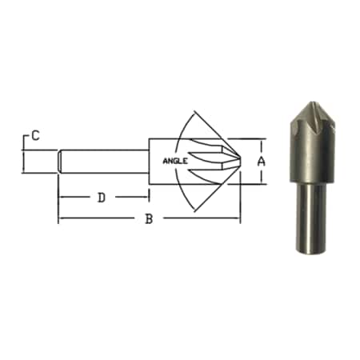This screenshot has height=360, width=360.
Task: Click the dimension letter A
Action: pyautogui.click(x=262, y=162)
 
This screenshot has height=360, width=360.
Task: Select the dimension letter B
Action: pyautogui.click(x=149, y=219)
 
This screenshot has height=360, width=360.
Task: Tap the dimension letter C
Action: pyautogui.click(x=35, y=135)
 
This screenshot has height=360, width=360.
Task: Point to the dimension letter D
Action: pyautogui.click(x=102, y=198)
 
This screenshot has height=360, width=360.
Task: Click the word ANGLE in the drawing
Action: pyautogui.click(x=175, y=161)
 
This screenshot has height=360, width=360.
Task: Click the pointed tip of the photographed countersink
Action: pyautogui.click(x=312, y=102)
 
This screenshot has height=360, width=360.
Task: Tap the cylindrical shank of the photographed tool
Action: pyautogui.click(x=311, y=218)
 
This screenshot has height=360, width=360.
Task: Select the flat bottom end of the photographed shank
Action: pyautogui.click(x=311, y=251)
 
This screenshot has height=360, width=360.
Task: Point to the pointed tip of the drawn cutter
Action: pyautogui.click(x=240, y=162)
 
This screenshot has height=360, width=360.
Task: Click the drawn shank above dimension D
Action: pyautogui.click(x=103, y=162)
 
